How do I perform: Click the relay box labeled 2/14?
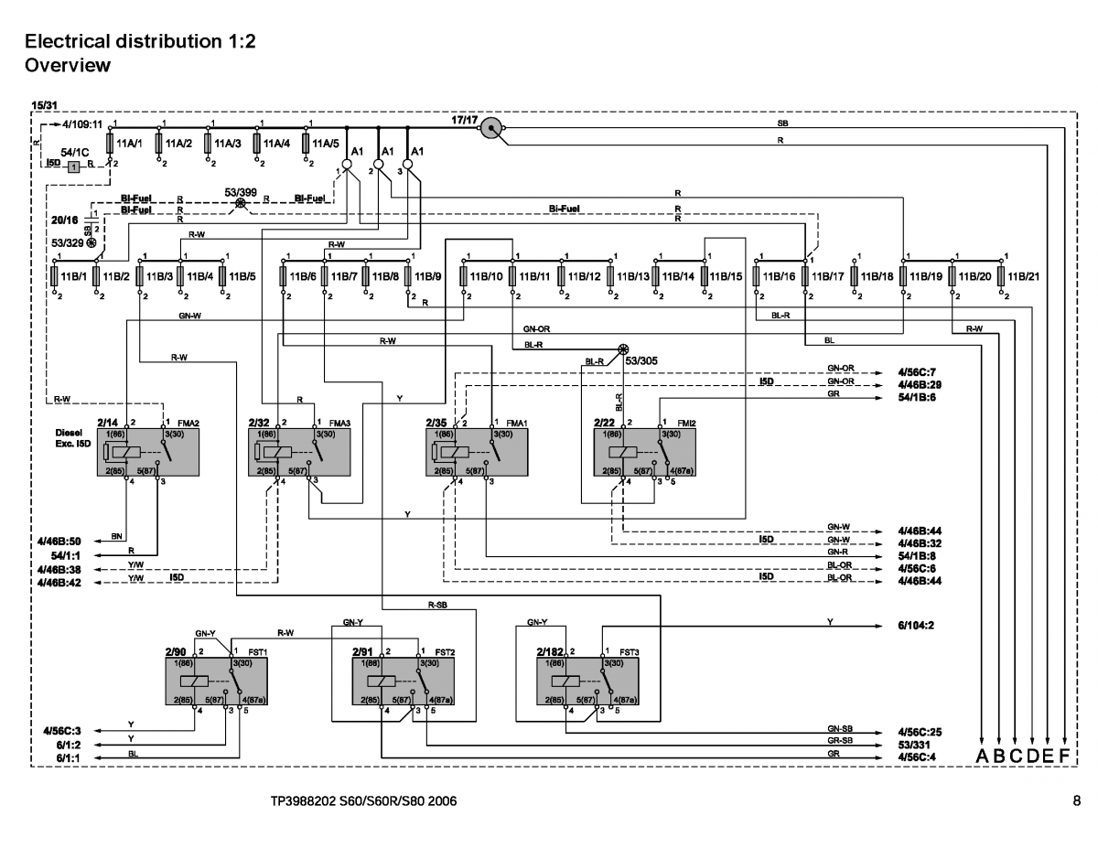147,451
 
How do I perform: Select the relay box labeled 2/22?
644,451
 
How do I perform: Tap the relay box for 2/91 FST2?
404,682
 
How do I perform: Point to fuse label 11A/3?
228,144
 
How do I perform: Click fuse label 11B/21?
1024,275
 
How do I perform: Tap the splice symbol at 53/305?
624,349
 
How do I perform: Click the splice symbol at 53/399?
241,204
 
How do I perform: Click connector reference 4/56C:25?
919,733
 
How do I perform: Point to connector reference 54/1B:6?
919,397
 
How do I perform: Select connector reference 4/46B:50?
59,541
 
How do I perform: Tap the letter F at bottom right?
1063,757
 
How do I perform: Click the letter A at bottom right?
983,757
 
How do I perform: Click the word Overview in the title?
68,66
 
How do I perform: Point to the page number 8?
1076,802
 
